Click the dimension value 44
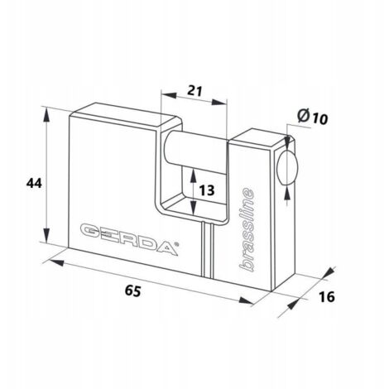coord(34,183)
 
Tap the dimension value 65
coord(132,291)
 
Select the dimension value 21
coord(194,91)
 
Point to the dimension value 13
coord(207,190)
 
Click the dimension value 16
coord(327,296)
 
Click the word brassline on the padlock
coord(246,229)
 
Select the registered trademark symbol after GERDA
coord(176,243)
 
